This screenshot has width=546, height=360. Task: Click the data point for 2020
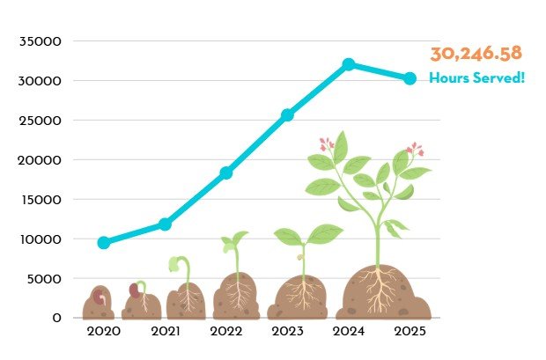point(104,242)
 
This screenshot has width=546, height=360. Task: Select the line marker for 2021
point(165,224)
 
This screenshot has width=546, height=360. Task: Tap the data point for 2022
point(226,173)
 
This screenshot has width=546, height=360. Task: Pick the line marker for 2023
point(287,115)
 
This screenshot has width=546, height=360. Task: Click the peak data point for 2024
point(349,64)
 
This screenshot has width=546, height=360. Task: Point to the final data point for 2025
point(409,78)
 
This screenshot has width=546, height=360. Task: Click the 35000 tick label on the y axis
point(41,41)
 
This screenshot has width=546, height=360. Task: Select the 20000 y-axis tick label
point(41,160)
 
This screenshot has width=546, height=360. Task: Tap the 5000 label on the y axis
point(44,278)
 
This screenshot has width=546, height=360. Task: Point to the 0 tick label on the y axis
point(56,318)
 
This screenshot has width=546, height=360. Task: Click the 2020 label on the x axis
point(104,332)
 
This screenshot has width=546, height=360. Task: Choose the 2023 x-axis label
point(287,332)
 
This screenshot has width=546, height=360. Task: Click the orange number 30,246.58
point(476,54)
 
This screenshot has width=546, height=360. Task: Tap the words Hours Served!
point(476,78)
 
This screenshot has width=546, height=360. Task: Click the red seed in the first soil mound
point(100,297)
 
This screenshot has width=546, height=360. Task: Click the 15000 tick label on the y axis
point(41,200)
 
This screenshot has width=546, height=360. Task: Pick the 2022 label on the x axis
point(226,332)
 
